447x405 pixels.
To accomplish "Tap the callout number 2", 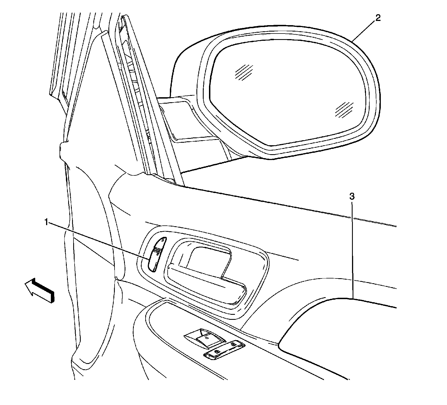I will pos(378,18).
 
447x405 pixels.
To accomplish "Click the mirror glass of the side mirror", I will pos(288,95).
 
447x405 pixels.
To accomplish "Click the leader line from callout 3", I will pos(353,251).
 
